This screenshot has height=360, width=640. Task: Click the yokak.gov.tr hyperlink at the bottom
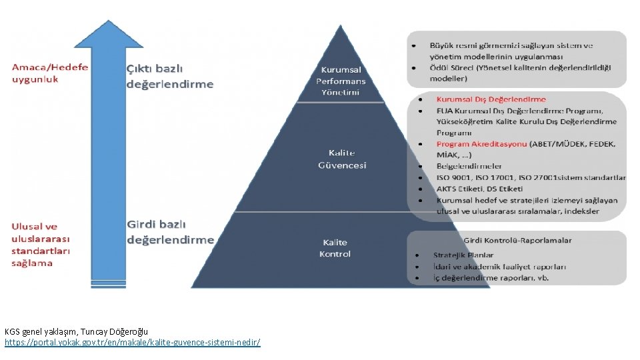click(x=132, y=342)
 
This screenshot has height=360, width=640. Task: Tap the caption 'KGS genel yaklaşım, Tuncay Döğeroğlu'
click(x=76, y=331)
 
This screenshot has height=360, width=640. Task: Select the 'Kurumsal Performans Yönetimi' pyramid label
click(x=341, y=81)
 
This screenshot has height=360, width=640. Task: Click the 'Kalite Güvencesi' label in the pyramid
click(x=342, y=159)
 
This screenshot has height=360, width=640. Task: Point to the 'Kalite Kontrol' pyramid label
click(x=335, y=247)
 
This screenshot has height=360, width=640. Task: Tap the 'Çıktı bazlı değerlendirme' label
click(x=170, y=76)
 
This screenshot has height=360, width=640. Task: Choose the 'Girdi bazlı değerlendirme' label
click(x=170, y=231)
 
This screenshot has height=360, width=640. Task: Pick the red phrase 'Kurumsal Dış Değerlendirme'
click(x=491, y=99)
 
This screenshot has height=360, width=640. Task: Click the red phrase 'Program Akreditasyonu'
click(x=481, y=143)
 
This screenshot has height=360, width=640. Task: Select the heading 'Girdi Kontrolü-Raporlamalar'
click(x=517, y=240)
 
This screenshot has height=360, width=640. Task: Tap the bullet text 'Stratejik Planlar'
click(x=463, y=255)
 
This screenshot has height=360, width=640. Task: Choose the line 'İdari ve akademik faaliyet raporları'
click(x=499, y=266)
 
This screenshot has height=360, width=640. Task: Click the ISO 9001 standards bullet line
click(x=531, y=177)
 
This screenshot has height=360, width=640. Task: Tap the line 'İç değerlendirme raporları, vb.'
click(x=491, y=277)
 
